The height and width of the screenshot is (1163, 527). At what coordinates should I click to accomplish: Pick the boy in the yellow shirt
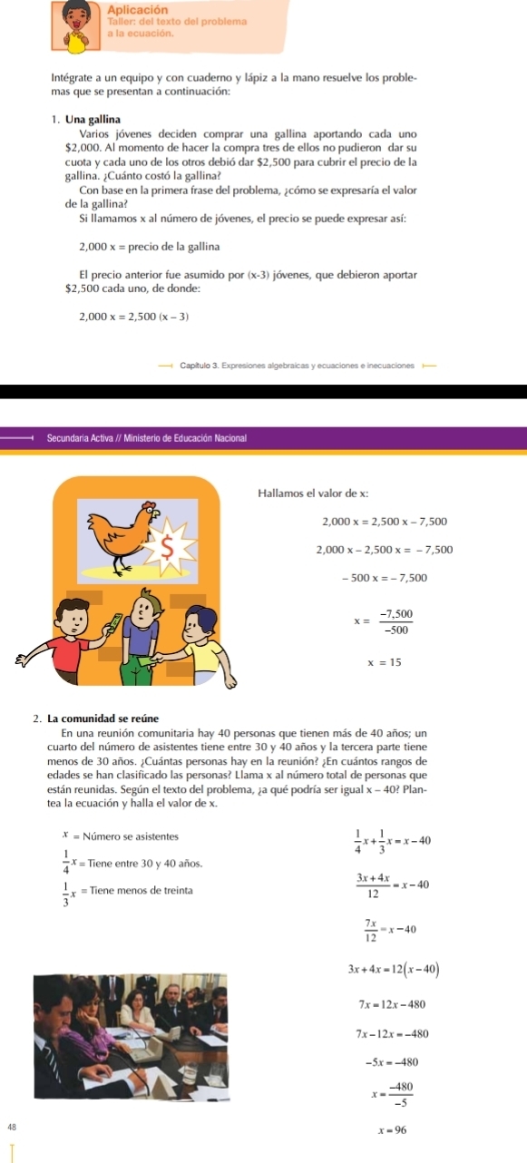pos(201,635)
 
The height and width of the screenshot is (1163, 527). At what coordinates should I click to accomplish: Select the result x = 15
pos(384,662)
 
